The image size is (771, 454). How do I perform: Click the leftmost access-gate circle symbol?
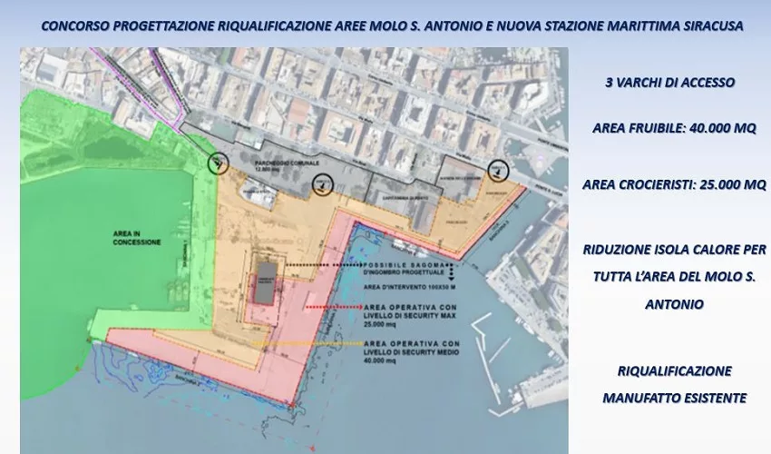click(x=218, y=163)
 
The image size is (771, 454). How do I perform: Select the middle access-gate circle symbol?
click(x=320, y=185)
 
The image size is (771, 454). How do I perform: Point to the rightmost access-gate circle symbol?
click(x=496, y=170)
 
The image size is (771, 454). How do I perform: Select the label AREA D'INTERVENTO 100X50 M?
click(x=403, y=286)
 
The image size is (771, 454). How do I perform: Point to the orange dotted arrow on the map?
click(x=308, y=344)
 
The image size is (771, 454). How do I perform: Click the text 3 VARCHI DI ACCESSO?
click(x=669, y=83)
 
